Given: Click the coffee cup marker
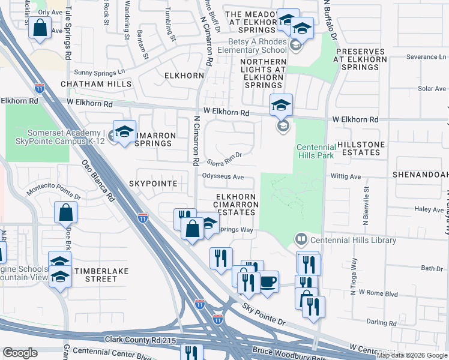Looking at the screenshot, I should tap(268, 281).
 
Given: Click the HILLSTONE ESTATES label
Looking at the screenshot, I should tap(359, 148).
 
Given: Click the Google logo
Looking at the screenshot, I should tap(20, 353).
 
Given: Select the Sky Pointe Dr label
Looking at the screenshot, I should tap(264, 314).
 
